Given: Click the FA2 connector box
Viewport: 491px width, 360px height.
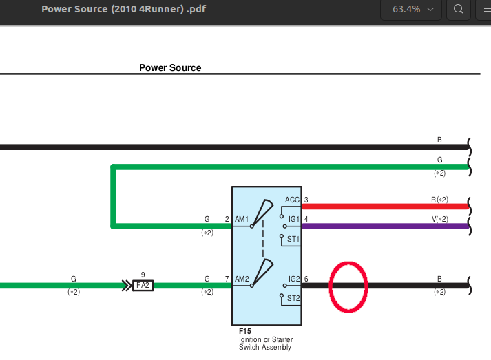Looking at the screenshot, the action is tap(143, 285).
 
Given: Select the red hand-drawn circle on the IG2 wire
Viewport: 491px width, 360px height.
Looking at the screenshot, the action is tap(330, 287).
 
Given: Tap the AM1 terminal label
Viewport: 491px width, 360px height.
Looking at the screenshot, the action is tap(242, 219).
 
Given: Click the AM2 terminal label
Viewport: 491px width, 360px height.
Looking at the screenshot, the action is tap(242, 279).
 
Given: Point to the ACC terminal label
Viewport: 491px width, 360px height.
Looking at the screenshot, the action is tap(292, 200).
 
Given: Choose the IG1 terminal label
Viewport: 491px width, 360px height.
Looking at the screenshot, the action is tap(294, 219).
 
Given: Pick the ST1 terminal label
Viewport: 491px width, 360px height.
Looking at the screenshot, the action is tap(293, 239).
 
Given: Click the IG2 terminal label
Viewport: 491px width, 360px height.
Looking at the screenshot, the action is tap(294, 279).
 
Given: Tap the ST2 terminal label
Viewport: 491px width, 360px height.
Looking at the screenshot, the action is tap(293, 298).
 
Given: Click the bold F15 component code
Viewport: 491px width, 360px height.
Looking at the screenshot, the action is tap(245, 331).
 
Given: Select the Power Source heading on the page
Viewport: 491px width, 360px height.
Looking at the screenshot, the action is tap(170, 67).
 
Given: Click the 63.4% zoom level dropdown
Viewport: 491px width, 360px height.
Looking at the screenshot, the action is tap(411, 10).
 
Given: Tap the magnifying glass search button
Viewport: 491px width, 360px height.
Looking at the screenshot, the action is tap(459, 10).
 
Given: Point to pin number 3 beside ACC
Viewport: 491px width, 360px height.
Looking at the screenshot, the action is tap(306, 200).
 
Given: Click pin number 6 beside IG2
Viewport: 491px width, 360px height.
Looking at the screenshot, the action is tap(306, 279).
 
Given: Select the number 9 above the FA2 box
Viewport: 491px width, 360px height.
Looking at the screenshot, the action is tap(143, 275).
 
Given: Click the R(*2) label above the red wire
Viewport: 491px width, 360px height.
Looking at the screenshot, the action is tap(439, 200).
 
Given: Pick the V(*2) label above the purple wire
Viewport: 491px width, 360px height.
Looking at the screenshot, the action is tap(440, 219).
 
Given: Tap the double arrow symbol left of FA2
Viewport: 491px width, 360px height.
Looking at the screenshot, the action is tap(127, 286).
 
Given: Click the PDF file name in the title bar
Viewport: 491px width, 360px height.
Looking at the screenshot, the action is tap(124, 9).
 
